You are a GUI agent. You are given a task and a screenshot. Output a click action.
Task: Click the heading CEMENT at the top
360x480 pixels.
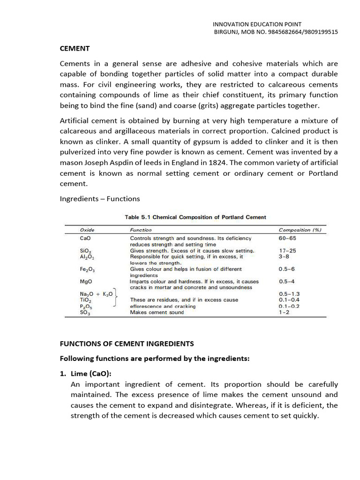(x=75, y=48)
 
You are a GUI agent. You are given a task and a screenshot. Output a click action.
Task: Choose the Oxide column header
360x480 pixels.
(x=88, y=230)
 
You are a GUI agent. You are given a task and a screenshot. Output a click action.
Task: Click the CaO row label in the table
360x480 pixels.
(x=86, y=238)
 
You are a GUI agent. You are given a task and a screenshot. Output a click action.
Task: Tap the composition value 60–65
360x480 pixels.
(x=287, y=238)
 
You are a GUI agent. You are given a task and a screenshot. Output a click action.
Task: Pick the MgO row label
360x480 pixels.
(x=86, y=282)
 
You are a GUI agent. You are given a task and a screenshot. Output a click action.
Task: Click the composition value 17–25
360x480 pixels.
(x=287, y=251)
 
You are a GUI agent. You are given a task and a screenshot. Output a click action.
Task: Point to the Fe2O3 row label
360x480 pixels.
(x=88, y=270)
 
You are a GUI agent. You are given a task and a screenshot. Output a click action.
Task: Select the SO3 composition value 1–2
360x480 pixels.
(x=285, y=312)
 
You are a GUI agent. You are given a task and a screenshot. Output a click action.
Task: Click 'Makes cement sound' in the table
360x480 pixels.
(x=157, y=312)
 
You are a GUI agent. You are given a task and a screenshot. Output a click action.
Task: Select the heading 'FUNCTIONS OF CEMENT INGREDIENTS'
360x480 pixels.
(x=127, y=344)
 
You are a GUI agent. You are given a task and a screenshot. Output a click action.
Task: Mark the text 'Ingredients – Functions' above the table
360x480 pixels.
(x=100, y=198)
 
